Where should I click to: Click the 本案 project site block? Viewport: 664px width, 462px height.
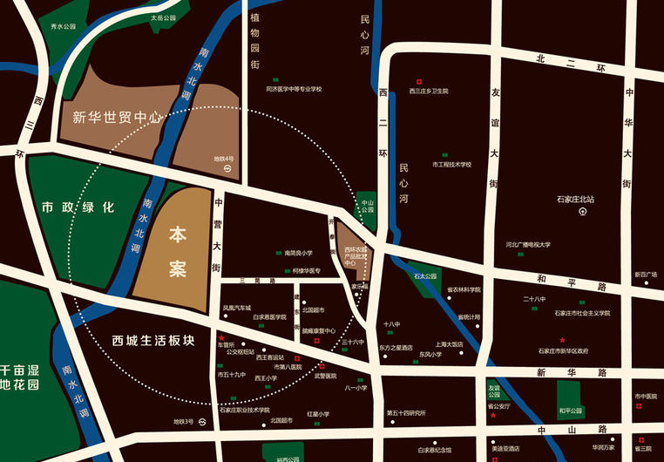(x=178, y=251)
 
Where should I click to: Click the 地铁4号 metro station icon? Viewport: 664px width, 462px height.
(x=227, y=167)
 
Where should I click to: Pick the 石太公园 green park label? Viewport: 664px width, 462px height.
(x=425, y=276)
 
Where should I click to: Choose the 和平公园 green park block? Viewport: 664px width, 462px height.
(x=571, y=411)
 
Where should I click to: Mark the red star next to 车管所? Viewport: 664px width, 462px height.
(x=221, y=337)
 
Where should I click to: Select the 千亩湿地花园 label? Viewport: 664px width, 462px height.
(x=19, y=377)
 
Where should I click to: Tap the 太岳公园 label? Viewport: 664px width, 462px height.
(x=162, y=17)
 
